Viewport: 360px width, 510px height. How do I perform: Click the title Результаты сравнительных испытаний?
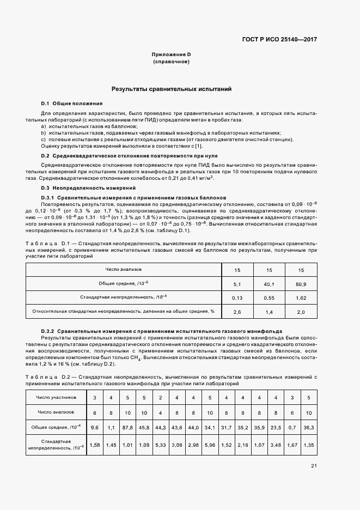coord(172,88)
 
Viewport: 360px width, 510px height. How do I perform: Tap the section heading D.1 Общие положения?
coord(72,104)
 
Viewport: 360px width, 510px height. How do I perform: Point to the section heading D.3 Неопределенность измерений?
coord(81,188)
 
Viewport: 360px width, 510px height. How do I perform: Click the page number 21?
coord(314,465)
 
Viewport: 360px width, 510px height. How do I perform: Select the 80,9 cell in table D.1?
coord(301,284)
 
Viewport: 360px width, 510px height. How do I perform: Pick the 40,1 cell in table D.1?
coord(269,284)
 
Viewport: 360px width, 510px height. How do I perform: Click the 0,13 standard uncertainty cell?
coord(237,297)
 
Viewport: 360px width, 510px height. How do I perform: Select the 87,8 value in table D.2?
coord(128,427)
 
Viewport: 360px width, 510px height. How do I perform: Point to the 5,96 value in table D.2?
coord(210,445)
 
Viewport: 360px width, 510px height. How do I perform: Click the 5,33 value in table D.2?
coord(160,445)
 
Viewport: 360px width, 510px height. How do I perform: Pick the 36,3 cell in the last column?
coord(308,427)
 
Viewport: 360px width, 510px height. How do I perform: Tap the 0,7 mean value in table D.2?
coord(292,427)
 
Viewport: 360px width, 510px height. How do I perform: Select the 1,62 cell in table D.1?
coord(301,297)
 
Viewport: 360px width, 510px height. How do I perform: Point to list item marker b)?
coord(44,132)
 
